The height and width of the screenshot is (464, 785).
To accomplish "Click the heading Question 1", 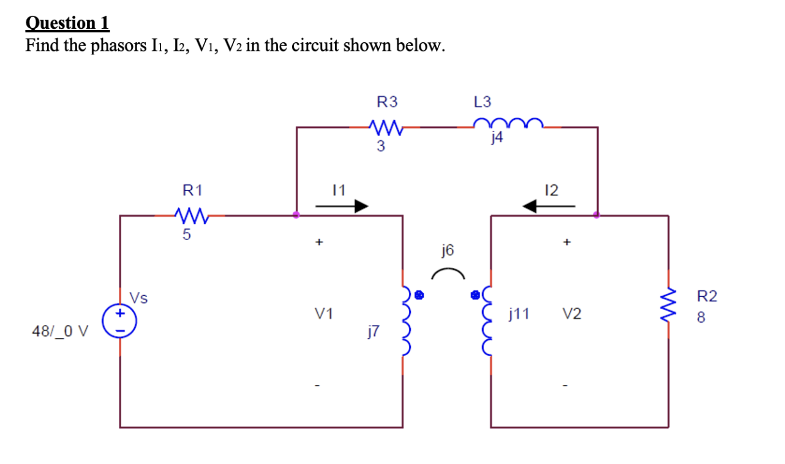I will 67,23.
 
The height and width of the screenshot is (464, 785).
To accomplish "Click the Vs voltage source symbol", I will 120,321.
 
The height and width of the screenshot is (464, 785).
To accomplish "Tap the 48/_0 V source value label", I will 60,332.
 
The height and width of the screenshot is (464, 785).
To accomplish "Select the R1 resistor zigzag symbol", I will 192,215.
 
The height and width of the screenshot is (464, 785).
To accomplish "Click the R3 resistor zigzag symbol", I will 386,127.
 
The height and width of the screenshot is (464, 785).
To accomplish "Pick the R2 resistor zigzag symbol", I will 667,307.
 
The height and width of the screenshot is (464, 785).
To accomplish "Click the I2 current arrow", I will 549,207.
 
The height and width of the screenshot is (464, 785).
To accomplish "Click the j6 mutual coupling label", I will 448,250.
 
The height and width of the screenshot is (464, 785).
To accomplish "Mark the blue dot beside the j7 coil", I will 419,295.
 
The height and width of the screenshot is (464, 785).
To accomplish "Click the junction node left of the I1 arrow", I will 296,215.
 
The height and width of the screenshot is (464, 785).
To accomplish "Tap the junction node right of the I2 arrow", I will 597,215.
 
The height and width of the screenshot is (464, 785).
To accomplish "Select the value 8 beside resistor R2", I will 701,318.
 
